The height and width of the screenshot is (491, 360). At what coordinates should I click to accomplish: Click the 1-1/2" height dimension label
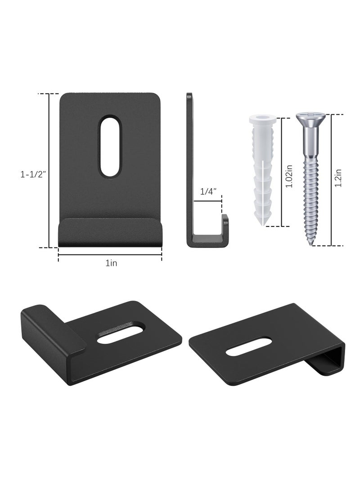(x=33, y=175)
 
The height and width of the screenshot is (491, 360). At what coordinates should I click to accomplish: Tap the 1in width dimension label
(x=111, y=263)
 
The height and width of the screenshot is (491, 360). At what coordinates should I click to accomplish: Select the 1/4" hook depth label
(x=208, y=191)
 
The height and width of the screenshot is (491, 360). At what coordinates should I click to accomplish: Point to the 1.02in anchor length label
(x=289, y=176)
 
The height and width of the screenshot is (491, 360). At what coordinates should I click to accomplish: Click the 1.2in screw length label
(x=338, y=178)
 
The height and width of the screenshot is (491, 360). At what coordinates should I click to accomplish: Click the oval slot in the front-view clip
(x=110, y=146)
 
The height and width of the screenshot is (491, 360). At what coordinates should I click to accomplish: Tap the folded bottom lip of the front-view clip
(x=111, y=232)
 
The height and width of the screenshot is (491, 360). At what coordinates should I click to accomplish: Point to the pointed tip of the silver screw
(x=312, y=244)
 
